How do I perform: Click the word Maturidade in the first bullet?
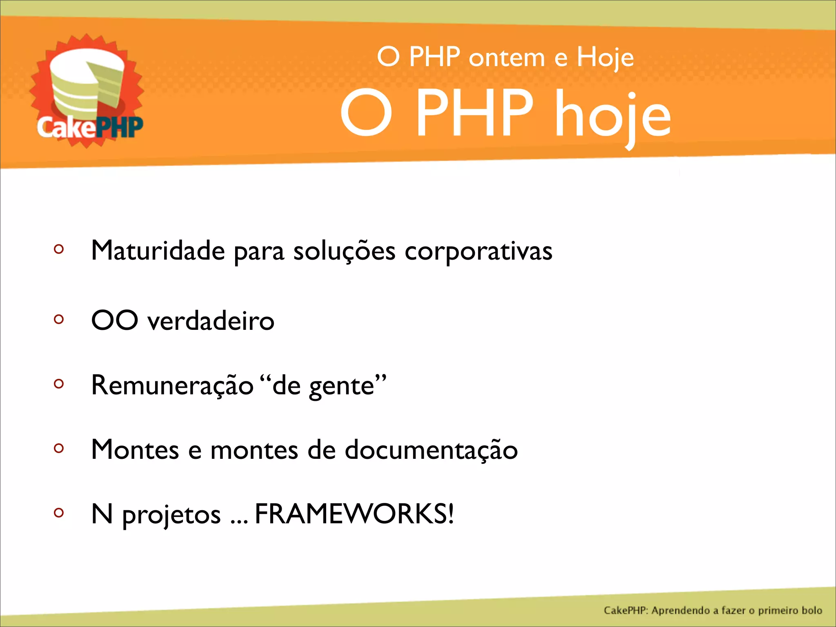click(x=158, y=250)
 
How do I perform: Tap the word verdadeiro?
click(x=211, y=321)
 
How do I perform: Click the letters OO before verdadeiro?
click(x=115, y=320)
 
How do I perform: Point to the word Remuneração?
click(x=172, y=385)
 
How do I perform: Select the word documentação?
click(x=431, y=450)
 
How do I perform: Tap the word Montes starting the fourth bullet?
click(x=135, y=450)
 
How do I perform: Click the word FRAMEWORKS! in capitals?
click(x=354, y=514)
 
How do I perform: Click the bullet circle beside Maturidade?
click(x=59, y=249)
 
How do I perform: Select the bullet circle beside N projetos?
click(x=59, y=512)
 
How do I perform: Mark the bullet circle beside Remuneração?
click(x=59, y=383)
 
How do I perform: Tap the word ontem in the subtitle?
click(x=507, y=58)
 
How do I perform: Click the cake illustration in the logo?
click(x=87, y=84)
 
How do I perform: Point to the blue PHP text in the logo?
click(x=120, y=127)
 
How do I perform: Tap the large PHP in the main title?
click(x=474, y=113)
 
